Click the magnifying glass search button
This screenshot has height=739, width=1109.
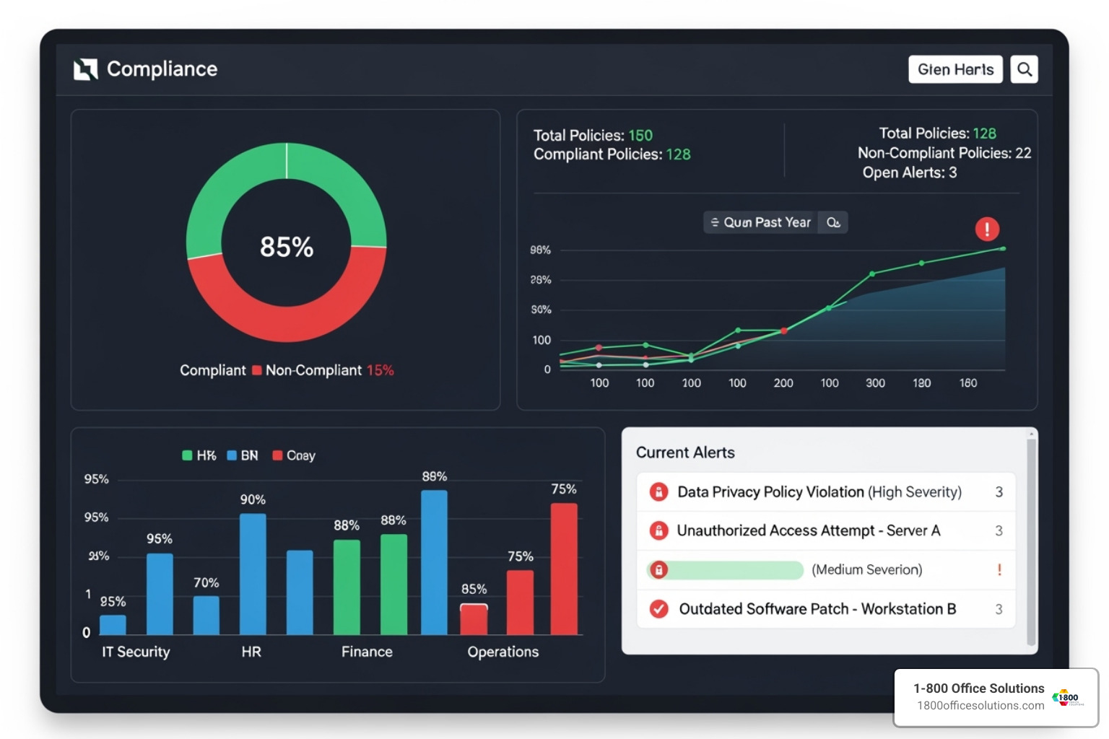click(x=1024, y=69)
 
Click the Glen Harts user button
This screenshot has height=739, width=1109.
click(x=955, y=69)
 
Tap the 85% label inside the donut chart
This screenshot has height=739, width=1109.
click(x=287, y=247)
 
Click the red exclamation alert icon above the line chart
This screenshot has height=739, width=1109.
click(x=987, y=229)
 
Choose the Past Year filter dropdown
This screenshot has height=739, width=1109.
click(x=761, y=222)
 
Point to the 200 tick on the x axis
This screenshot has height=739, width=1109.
click(x=783, y=383)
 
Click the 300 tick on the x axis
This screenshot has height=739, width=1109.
click(x=875, y=383)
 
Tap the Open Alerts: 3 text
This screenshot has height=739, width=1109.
click(x=909, y=172)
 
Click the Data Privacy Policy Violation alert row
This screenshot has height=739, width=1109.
click(x=819, y=492)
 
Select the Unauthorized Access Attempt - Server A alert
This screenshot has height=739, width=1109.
click(x=808, y=531)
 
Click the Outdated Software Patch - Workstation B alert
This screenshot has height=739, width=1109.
click(x=817, y=609)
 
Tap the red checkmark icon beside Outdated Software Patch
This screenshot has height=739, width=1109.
click(x=658, y=609)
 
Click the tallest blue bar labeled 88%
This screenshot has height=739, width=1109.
click(x=434, y=562)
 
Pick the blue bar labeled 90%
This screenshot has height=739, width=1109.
click(x=253, y=574)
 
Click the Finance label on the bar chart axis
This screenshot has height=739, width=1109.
click(x=367, y=652)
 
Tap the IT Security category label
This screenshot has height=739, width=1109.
click(x=136, y=652)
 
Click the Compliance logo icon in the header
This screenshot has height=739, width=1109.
click(x=86, y=69)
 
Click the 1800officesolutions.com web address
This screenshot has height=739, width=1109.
click(x=980, y=706)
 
